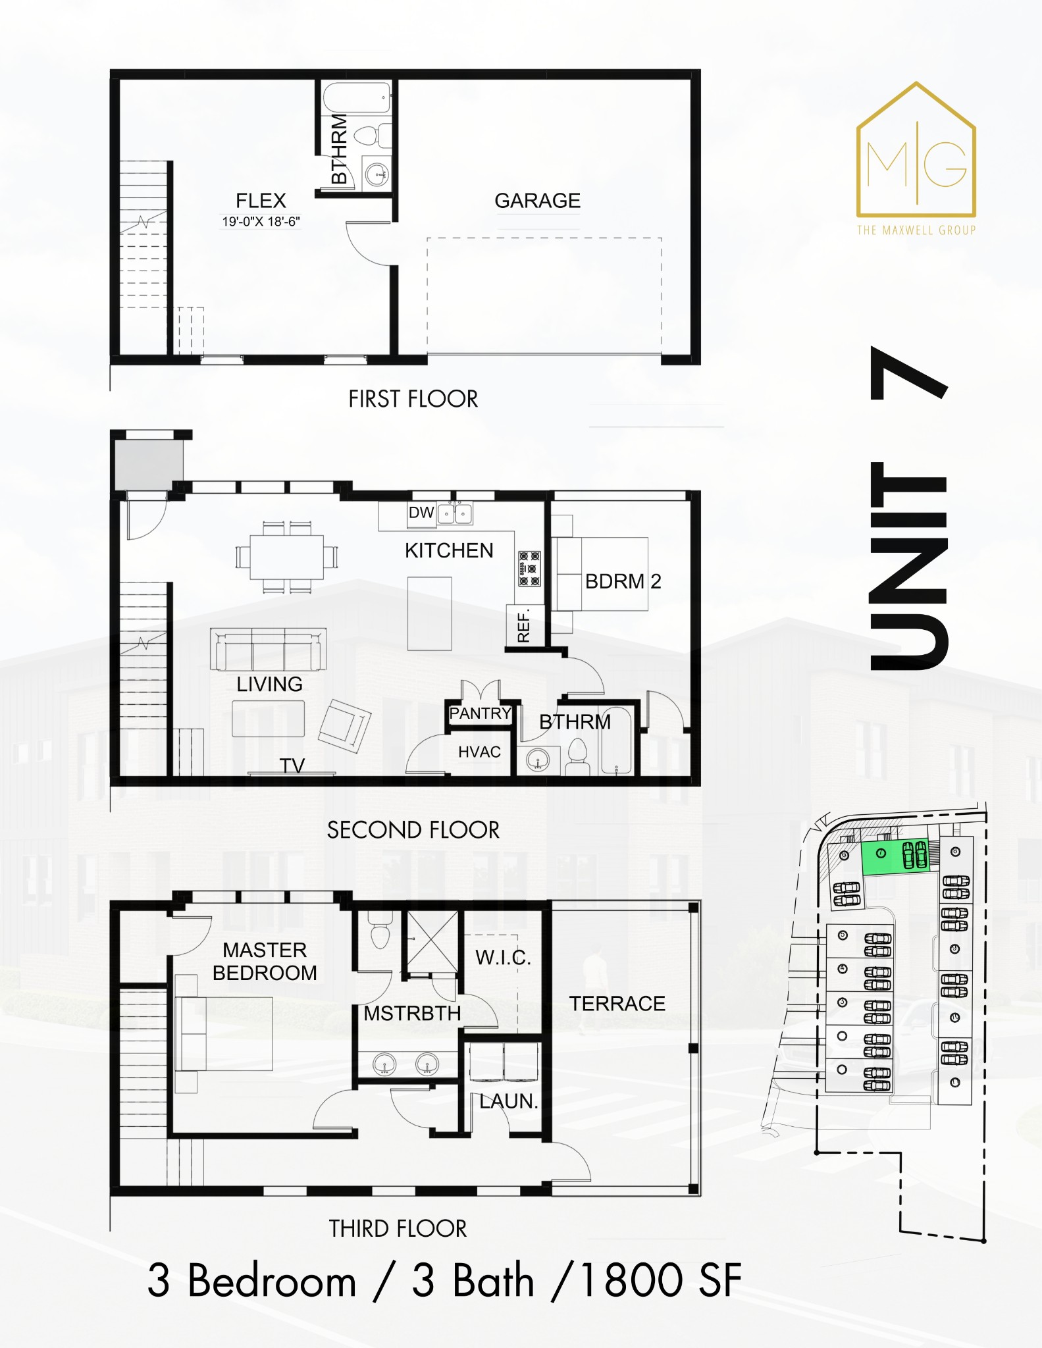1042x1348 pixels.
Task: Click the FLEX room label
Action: (261, 201)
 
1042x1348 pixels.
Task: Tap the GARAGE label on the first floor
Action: (537, 201)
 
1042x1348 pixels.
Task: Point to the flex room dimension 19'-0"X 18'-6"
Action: (261, 222)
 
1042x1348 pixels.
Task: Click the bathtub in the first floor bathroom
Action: (357, 97)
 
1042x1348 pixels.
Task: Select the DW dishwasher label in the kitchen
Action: (421, 513)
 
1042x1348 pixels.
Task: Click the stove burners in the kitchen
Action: (530, 569)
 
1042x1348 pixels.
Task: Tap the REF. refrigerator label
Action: (524, 626)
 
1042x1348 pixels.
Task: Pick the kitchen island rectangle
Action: (429, 613)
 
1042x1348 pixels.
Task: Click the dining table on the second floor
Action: (286, 557)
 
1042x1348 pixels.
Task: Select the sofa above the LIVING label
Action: (268, 649)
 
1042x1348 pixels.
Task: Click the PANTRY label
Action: (480, 713)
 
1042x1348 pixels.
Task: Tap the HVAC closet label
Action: (479, 752)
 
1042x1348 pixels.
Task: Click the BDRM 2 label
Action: (623, 581)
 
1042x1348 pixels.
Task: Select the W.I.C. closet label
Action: (503, 957)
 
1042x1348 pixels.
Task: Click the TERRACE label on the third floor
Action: (617, 1003)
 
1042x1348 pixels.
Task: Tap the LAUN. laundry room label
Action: (508, 1101)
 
